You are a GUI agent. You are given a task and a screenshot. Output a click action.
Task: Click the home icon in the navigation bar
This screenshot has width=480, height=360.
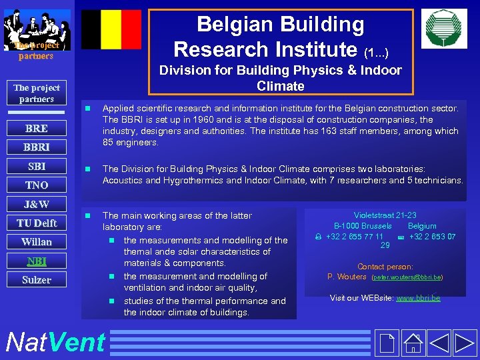(x=414, y=342)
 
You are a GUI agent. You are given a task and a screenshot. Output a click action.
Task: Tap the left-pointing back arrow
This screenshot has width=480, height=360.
(x=440, y=342)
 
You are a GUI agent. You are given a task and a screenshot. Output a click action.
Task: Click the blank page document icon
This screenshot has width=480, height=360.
(x=386, y=342)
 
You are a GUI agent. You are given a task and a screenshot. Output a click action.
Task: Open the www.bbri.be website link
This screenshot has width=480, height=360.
(x=418, y=298)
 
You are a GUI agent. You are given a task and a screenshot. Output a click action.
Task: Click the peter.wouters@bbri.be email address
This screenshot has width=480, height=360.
(x=407, y=277)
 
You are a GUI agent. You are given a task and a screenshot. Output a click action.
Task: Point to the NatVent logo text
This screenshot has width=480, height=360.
(x=55, y=342)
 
